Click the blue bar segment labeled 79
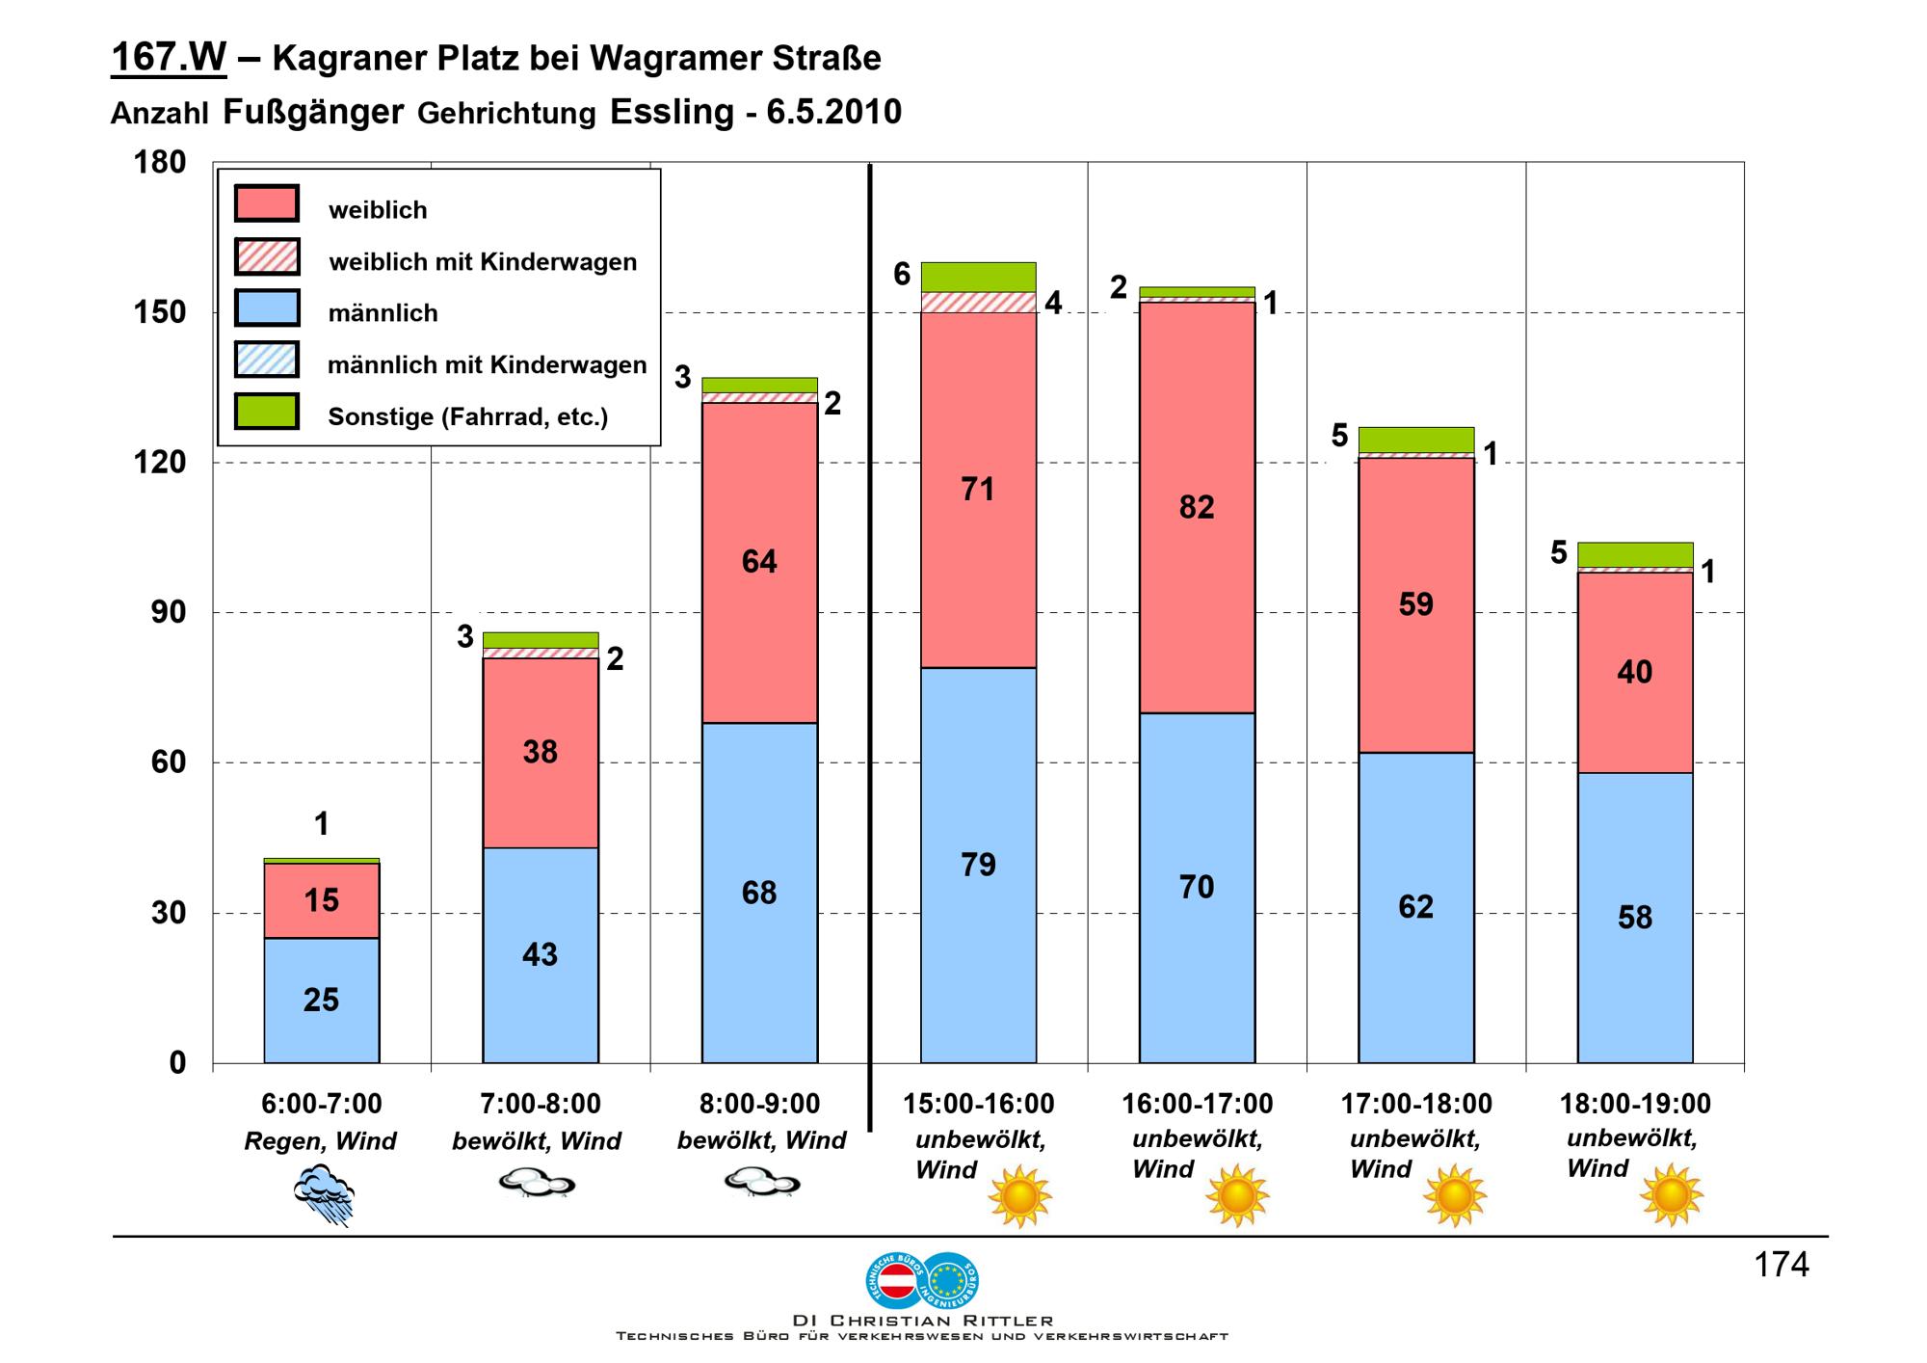pos(978,865)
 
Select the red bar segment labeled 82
pos(1197,507)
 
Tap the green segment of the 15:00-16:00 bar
pos(978,277)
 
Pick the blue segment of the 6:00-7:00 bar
pos(321,1000)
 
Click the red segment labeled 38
pos(540,753)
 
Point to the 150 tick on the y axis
pos(159,312)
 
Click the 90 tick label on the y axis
pos(169,612)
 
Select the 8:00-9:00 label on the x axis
pos(759,1104)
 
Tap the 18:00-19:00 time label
pos(1635,1104)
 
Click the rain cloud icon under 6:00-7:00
pos(325,1193)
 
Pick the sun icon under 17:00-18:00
pos(1455,1195)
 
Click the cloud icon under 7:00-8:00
pos(537,1183)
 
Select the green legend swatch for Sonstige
pos(267,411)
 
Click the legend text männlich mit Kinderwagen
pos(487,365)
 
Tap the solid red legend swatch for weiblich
pos(267,203)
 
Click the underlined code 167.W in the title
pos(169,58)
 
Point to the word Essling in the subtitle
pos(672,112)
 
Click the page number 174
pos(1782,1265)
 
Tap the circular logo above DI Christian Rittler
pos(922,1279)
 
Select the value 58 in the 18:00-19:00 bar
pos(1635,918)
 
